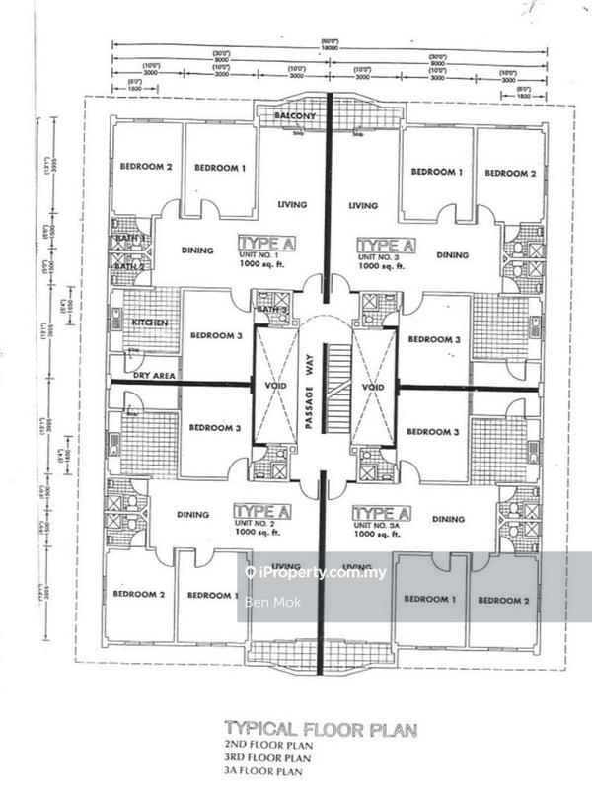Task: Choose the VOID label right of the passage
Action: click(371, 386)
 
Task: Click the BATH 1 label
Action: click(129, 239)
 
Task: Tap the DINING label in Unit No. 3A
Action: click(448, 519)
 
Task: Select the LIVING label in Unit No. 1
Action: click(292, 205)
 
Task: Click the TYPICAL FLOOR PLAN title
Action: click(320, 730)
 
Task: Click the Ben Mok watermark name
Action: click(263, 600)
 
